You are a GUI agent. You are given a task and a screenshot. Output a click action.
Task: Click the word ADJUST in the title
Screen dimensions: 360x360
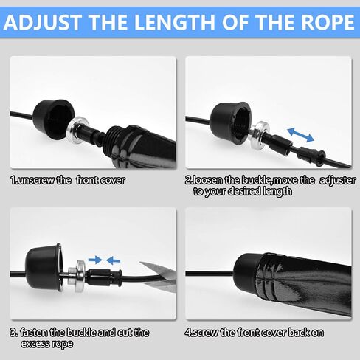coord(42,22)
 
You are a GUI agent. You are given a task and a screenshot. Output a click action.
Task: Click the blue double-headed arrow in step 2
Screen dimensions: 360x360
coord(301,134)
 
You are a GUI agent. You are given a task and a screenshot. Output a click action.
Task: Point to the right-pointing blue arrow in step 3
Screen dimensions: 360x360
coord(95,260)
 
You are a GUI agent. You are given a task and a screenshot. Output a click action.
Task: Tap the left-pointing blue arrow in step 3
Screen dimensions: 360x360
coord(113,260)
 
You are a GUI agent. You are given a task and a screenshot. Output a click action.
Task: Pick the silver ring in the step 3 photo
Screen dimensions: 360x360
coord(80,276)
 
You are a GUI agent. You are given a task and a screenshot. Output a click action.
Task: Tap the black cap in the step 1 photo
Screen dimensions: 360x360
coord(54,119)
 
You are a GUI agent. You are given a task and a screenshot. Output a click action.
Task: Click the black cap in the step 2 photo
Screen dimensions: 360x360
coord(231,123)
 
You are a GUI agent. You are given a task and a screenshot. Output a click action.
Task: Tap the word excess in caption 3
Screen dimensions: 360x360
coord(32,344)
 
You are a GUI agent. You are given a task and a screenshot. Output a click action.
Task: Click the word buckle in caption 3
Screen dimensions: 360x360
coord(81,333)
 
